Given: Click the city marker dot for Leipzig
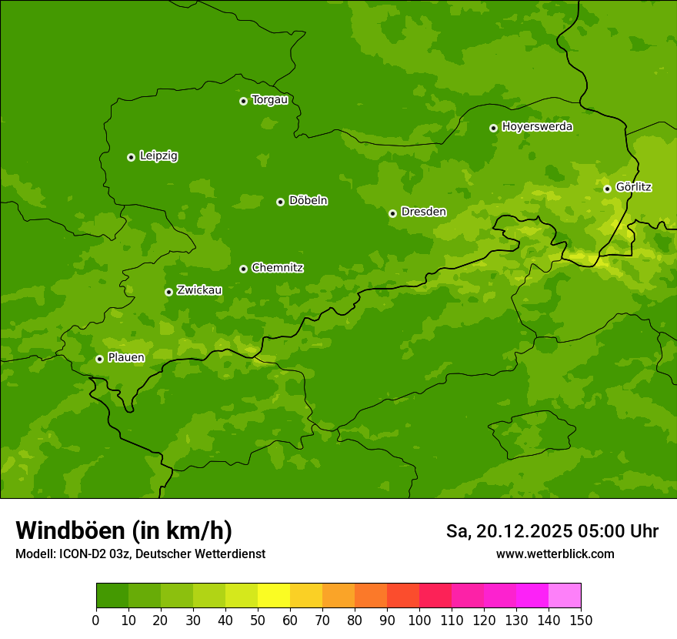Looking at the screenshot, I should pos(131,157).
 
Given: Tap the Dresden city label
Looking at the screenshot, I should pos(423,212).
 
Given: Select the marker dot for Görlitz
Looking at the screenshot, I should pos(607,189).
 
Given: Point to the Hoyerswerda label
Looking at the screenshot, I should pos(537,127).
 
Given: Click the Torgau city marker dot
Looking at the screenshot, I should pos(243,101).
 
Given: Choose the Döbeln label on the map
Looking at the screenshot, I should pos(308,201).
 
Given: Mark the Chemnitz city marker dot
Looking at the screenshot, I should pos(243,269).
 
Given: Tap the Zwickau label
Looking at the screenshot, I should pos(199,290).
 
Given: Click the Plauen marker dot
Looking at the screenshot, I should pos(99,359).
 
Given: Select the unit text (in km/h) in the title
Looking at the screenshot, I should pos(182,531).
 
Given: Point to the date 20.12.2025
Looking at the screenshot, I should pos(525,531).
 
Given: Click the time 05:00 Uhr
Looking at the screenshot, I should pos(620,531).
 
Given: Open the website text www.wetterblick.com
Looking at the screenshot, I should pos(555,554).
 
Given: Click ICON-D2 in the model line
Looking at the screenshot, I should pos(84,554).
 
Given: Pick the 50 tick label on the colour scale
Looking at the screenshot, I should pos(258,621).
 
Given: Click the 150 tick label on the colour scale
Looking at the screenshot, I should pos(581,621).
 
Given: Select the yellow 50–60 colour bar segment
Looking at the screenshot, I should pos(274,596).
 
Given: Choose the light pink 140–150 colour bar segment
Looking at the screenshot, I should pos(565,596).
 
